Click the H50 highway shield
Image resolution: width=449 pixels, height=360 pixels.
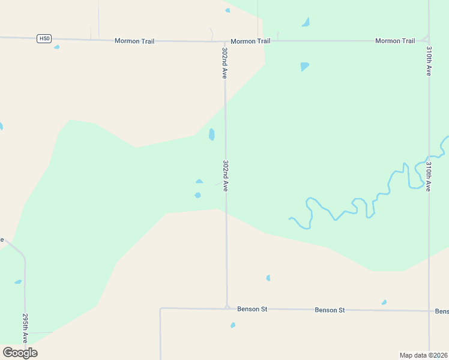tap(44, 38)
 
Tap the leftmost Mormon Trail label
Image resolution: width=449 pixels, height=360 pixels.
tap(134, 41)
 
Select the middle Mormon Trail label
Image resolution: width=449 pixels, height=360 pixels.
tap(250, 41)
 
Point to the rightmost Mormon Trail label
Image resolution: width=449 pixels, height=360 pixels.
tap(395, 41)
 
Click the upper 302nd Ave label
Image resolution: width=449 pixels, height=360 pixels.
tap(224, 63)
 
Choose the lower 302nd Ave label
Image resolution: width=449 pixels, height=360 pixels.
tap(225, 175)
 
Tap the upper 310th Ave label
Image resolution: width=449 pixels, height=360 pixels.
tap(429, 61)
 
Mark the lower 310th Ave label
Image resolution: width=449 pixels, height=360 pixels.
tap(429, 176)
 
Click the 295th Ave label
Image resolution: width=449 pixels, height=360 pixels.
tap(25, 327)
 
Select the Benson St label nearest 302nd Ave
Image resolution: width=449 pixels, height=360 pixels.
tap(252, 309)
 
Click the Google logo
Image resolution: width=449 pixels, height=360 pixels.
tap(20, 352)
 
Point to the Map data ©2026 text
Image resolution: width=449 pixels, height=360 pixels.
tap(423, 355)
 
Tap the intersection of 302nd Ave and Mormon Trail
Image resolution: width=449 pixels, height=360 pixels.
tap(224, 41)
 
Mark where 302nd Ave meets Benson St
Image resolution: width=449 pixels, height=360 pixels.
tap(226, 308)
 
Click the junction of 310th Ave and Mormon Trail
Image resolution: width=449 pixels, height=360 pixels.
tap(428, 40)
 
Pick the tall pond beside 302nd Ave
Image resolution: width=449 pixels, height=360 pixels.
tap(211, 134)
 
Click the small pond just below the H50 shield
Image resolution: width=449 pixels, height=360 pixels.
tap(56, 47)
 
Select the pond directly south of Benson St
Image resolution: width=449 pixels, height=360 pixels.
tap(233, 325)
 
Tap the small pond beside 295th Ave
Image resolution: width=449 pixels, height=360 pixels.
tap(18, 281)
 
